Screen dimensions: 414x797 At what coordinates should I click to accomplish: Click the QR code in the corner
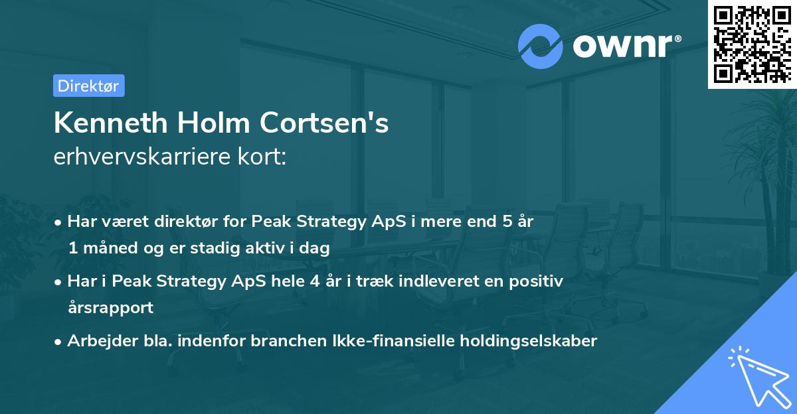pyautogui.click(x=753, y=44)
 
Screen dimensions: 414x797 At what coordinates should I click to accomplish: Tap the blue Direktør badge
pyautogui.click(x=88, y=86)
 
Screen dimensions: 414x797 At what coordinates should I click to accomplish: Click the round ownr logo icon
pyautogui.click(x=540, y=46)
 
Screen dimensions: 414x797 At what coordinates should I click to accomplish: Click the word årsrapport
pyautogui.click(x=110, y=307)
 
